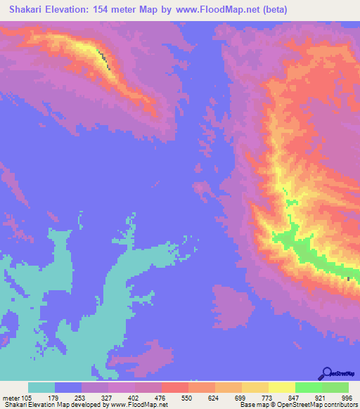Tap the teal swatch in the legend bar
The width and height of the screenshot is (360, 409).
coord(41,387)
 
